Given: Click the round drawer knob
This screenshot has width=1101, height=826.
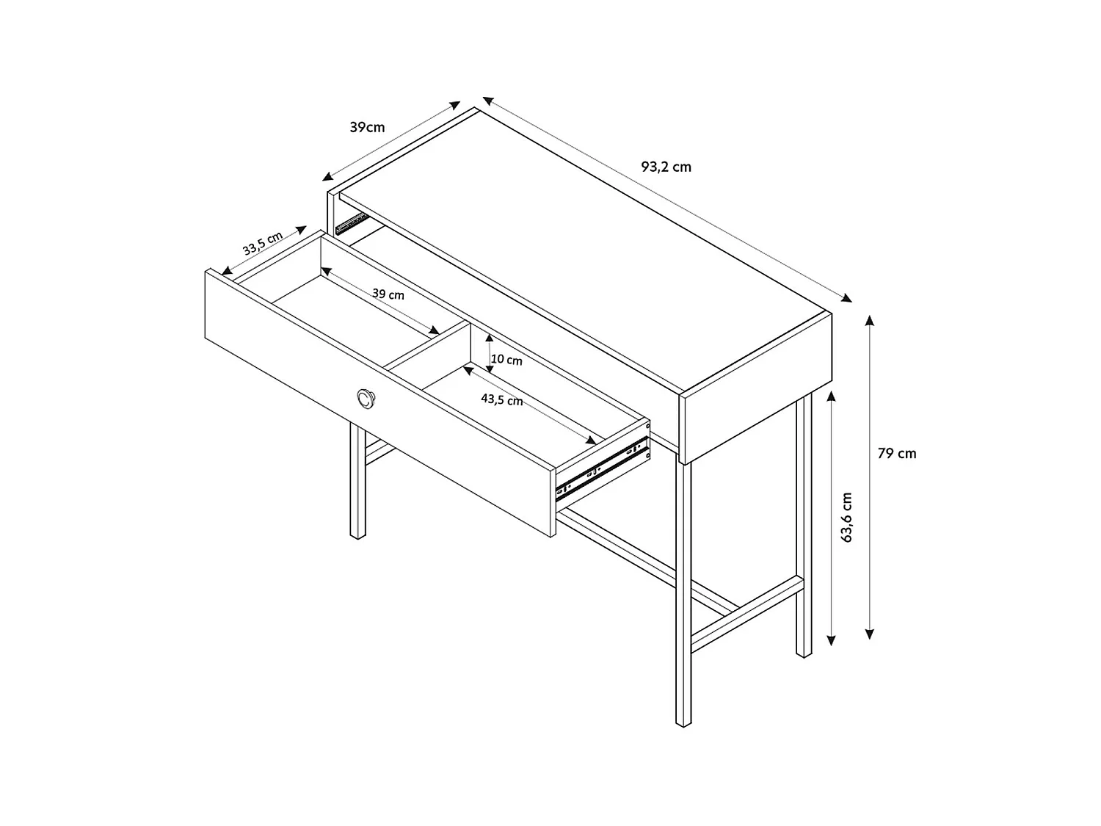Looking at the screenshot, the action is tap(366, 399).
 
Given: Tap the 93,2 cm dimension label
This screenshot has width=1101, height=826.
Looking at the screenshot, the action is tap(666, 167).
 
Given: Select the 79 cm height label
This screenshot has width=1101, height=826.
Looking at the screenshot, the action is tap(897, 453).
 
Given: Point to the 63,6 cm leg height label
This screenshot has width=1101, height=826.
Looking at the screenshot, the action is tap(847, 517).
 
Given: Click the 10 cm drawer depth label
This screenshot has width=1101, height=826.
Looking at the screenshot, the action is tap(506, 360).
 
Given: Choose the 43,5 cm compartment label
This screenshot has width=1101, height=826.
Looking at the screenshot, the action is tap(501, 399).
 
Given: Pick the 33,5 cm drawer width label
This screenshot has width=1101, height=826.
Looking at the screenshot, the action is tap(262, 243).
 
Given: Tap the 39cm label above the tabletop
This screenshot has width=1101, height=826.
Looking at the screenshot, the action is tap(367, 127).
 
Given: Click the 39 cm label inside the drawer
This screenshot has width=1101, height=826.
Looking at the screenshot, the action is tap(388, 294).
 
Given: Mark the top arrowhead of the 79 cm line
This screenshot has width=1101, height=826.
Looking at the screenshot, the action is tap(870, 320).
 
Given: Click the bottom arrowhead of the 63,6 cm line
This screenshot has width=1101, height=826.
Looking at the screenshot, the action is tap(831, 640).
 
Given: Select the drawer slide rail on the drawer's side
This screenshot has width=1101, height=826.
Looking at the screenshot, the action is tap(601, 469).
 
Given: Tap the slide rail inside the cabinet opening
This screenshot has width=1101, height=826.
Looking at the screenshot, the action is tap(352, 224).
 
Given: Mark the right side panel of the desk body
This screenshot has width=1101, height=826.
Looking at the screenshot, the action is tap(756, 388).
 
